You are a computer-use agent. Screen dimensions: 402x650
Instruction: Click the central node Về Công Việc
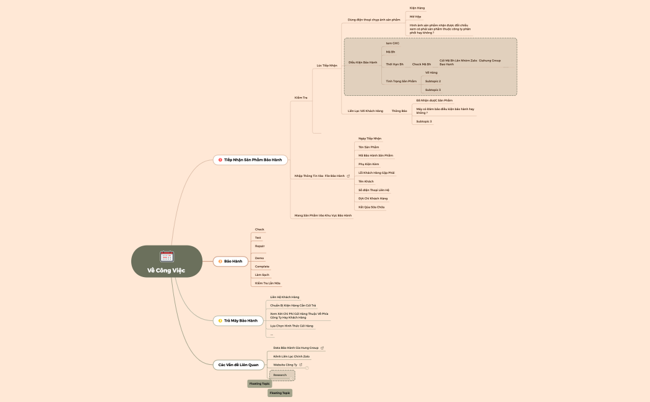click(x=166, y=270)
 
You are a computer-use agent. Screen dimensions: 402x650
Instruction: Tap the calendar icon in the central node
click(x=167, y=256)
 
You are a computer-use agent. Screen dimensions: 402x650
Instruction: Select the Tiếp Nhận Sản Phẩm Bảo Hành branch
click(x=250, y=160)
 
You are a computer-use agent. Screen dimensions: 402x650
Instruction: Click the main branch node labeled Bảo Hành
click(x=229, y=261)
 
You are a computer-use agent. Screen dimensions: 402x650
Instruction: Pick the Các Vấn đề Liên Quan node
click(x=238, y=365)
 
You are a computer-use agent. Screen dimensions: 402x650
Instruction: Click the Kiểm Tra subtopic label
click(x=301, y=98)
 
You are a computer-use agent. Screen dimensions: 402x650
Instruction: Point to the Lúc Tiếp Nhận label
click(x=327, y=65)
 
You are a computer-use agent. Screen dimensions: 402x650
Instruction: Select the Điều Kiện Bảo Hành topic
click(x=363, y=62)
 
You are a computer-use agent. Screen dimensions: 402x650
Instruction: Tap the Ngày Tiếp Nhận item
click(x=370, y=139)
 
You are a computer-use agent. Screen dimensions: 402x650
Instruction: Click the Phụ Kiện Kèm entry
click(x=368, y=164)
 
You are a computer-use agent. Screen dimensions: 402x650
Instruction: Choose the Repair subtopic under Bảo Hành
click(x=259, y=246)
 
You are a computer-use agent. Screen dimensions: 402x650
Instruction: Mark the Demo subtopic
click(x=259, y=258)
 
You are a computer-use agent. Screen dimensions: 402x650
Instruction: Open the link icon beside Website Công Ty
click(x=301, y=365)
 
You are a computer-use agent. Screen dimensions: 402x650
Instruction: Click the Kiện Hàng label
click(x=417, y=8)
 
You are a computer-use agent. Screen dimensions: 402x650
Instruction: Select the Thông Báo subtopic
click(x=399, y=111)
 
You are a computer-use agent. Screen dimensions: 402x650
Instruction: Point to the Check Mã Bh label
click(x=422, y=64)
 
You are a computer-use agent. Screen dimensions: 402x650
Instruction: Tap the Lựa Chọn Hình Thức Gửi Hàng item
click(x=292, y=325)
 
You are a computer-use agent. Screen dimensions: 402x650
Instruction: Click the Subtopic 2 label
click(x=433, y=81)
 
